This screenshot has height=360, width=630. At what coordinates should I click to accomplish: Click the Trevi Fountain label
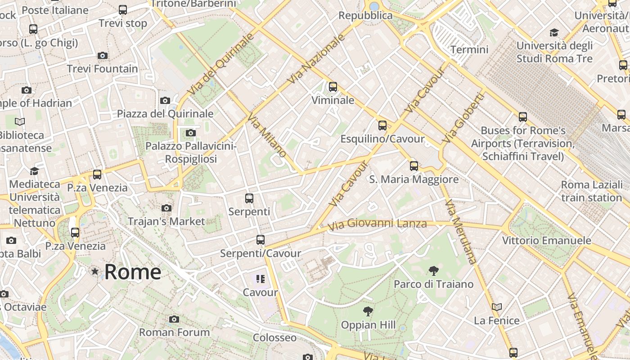pyautogui.click(x=103, y=69)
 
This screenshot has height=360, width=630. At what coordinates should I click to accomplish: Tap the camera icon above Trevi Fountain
pyautogui.click(x=103, y=56)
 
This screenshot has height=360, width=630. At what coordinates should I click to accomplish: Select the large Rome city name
pyautogui.click(x=133, y=272)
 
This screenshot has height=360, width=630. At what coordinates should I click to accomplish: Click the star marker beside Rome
pyautogui.click(x=95, y=271)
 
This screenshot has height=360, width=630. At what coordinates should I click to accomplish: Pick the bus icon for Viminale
pyautogui.click(x=333, y=87)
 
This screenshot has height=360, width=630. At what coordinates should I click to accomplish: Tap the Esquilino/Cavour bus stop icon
pyautogui.click(x=382, y=126)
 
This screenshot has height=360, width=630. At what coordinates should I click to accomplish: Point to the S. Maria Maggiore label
pyautogui.click(x=414, y=180)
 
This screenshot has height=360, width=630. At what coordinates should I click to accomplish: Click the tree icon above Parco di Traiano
pyautogui.click(x=434, y=270)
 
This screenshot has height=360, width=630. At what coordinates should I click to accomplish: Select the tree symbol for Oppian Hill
pyautogui.click(x=368, y=311)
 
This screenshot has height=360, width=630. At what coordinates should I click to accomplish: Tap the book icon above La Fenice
pyautogui.click(x=497, y=307)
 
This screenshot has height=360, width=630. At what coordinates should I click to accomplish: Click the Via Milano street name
pyautogui.click(x=267, y=135)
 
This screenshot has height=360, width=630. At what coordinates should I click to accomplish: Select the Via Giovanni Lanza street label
pyautogui.click(x=377, y=224)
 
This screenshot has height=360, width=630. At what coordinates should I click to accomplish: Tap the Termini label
pyautogui.click(x=469, y=49)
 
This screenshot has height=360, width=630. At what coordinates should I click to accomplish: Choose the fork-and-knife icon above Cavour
pyautogui.click(x=260, y=279)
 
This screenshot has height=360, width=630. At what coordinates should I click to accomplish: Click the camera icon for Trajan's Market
pyautogui.click(x=166, y=208)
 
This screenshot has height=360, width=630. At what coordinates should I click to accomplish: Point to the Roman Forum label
pyautogui.click(x=175, y=333)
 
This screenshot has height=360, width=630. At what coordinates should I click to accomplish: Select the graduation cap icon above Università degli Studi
pyautogui.click(x=554, y=32)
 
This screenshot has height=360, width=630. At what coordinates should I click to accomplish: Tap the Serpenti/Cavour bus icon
pyautogui.click(x=261, y=240)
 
